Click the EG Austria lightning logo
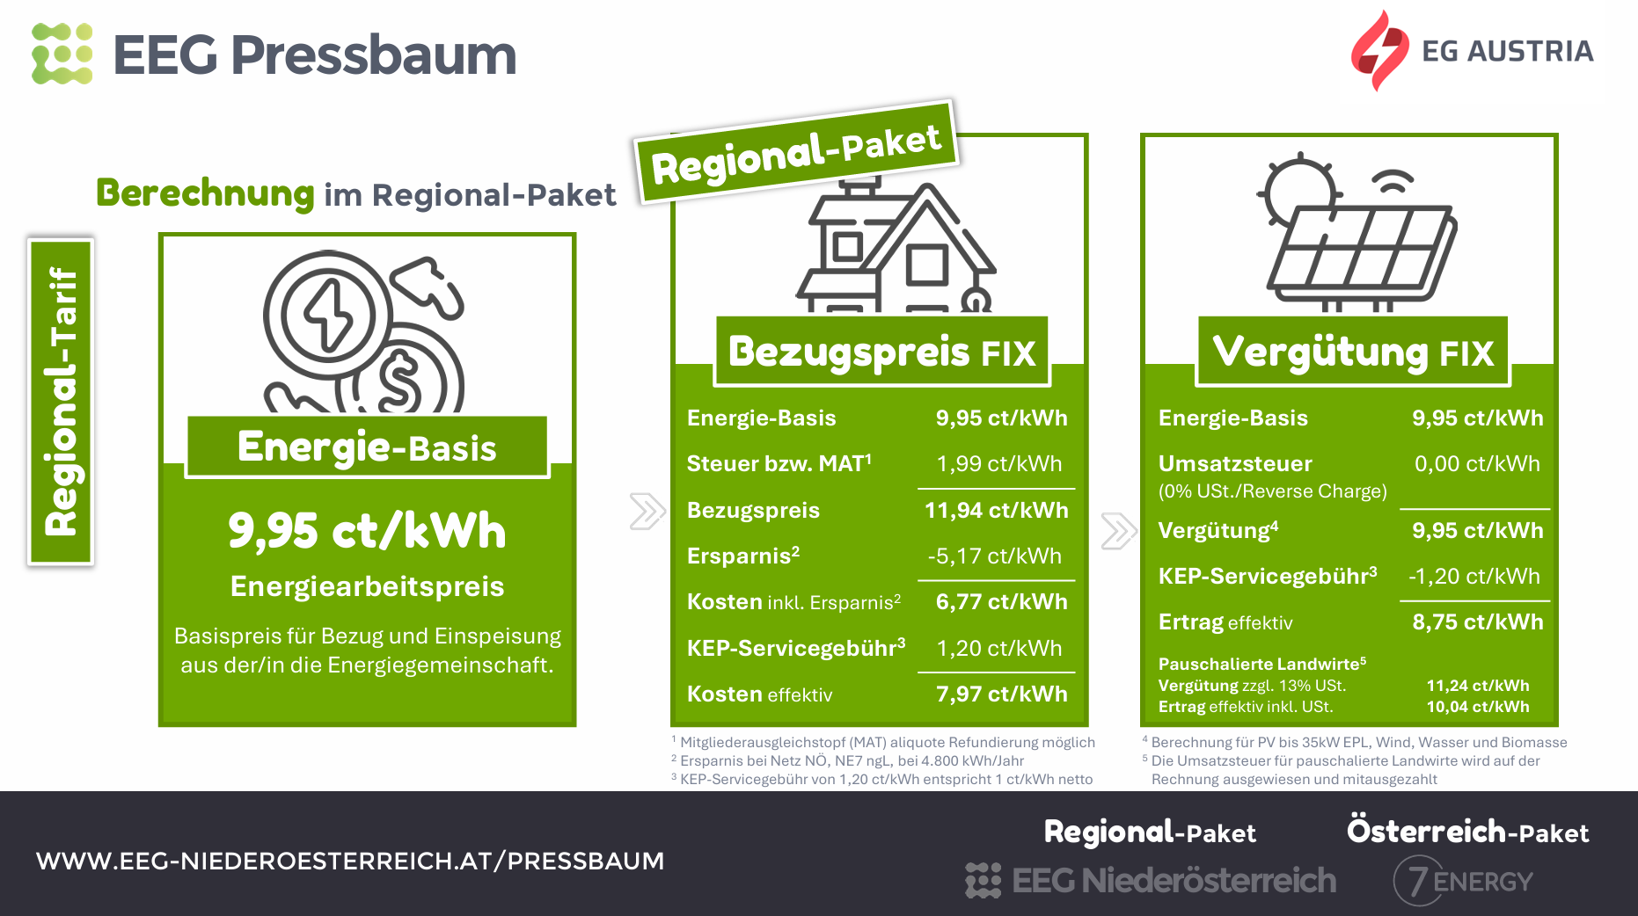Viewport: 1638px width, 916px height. coord(1378,50)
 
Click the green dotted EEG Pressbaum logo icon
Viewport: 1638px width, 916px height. coord(62,54)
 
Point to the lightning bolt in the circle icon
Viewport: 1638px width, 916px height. coord(327,316)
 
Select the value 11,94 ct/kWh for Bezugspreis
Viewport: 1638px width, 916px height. coord(996,511)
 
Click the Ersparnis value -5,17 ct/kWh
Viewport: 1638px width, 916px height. coord(994,556)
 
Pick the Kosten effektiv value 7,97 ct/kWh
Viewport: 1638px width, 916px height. coord(1001,694)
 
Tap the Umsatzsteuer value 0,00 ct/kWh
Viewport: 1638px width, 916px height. coord(1477,464)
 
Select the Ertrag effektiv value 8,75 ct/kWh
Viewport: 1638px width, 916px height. coord(1477,622)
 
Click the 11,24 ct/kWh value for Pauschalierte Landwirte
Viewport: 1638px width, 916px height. coord(1478,686)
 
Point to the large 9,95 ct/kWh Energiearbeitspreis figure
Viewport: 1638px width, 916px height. coord(367,531)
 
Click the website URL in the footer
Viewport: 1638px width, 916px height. coord(350,861)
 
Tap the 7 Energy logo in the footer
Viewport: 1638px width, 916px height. coord(1463,881)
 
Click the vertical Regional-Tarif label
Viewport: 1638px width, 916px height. coord(61,402)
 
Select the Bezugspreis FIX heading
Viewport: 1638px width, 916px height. coord(882,352)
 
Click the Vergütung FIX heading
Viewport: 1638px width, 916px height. coord(1353,352)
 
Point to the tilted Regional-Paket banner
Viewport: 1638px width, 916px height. coord(796,152)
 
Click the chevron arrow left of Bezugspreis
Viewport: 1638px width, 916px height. coord(647,512)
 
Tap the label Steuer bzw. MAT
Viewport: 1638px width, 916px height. coord(779,463)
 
